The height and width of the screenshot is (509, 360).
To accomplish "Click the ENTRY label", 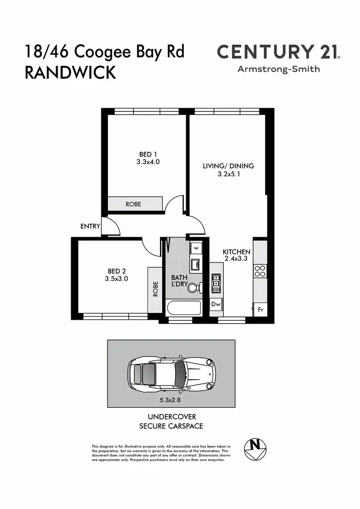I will pyautogui.click(x=90, y=226).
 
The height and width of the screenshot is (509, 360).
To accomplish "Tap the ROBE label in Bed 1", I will pyautogui.click(x=133, y=204).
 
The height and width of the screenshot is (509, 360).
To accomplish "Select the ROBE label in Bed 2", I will pyautogui.click(x=155, y=289).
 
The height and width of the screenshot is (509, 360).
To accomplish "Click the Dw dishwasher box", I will pyautogui.click(x=216, y=304).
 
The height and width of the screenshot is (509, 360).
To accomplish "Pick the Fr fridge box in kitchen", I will pyautogui.click(x=260, y=310).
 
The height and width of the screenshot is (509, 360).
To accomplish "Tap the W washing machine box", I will pyautogui.click(x=196, y=248).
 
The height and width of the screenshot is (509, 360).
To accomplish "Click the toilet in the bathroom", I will pyautogui.click(x=195, y=288).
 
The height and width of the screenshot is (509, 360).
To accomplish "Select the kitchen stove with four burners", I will pyautogui.click(x=260, y=271).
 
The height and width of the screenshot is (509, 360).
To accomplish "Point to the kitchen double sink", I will pyautogui.click(x=216, y=283).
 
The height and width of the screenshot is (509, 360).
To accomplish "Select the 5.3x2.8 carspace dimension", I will pyautogui.click(x=171, y=399).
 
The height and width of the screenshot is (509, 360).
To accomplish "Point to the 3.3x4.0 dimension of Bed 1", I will pyautogui.click(x=148, y=162).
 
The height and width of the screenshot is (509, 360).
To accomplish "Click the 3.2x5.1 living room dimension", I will pyautogui.click(x=228, y=174).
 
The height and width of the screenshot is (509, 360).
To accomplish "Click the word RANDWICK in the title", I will pyautogui.click(x=70, y=73).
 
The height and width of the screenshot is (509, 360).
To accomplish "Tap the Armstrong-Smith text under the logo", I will pyautogui.click(x=278, y=69).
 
